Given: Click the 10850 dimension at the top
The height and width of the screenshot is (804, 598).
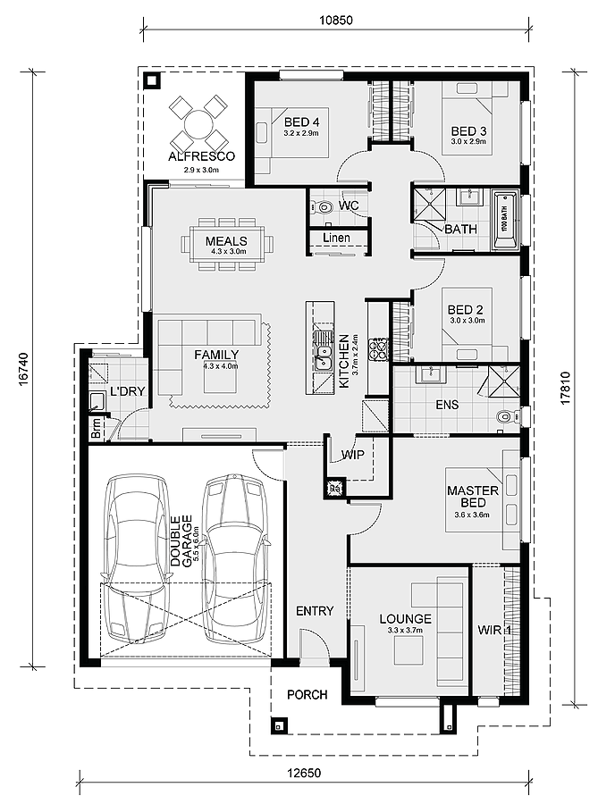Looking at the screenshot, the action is (336, 20).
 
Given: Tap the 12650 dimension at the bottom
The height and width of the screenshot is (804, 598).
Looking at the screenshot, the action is (305, 773).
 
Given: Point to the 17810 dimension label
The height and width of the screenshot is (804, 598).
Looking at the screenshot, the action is (565, 389).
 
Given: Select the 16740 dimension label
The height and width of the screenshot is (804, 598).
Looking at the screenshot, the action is (23, 369).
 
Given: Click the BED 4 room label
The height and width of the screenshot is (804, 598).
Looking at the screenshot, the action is (301, 122).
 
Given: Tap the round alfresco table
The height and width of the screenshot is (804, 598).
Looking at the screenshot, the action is (198, 124).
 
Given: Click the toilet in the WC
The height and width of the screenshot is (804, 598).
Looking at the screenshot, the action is (322, 206).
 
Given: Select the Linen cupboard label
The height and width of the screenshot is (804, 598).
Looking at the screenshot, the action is (336, 238).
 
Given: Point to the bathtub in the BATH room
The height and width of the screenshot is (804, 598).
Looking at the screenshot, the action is (505, 220).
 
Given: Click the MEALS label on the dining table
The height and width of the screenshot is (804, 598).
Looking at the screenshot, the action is (226, 240).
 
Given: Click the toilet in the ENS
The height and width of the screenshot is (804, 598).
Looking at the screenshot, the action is (507, 415).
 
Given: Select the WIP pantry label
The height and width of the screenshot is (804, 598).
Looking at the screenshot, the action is (353, 455).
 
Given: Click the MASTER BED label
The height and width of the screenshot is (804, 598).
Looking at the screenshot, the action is (472, 497).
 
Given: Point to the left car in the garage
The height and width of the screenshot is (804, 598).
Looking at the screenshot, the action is (135, 557).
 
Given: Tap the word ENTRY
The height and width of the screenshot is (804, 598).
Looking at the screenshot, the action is (315, 611).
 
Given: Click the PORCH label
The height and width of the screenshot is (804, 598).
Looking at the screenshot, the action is (307, 695).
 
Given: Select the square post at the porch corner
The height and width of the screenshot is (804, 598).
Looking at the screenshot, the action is (280, 725).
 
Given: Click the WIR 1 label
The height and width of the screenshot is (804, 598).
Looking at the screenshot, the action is (494, 630).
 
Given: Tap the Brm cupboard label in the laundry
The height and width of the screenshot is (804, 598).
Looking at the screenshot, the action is (97, 428).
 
